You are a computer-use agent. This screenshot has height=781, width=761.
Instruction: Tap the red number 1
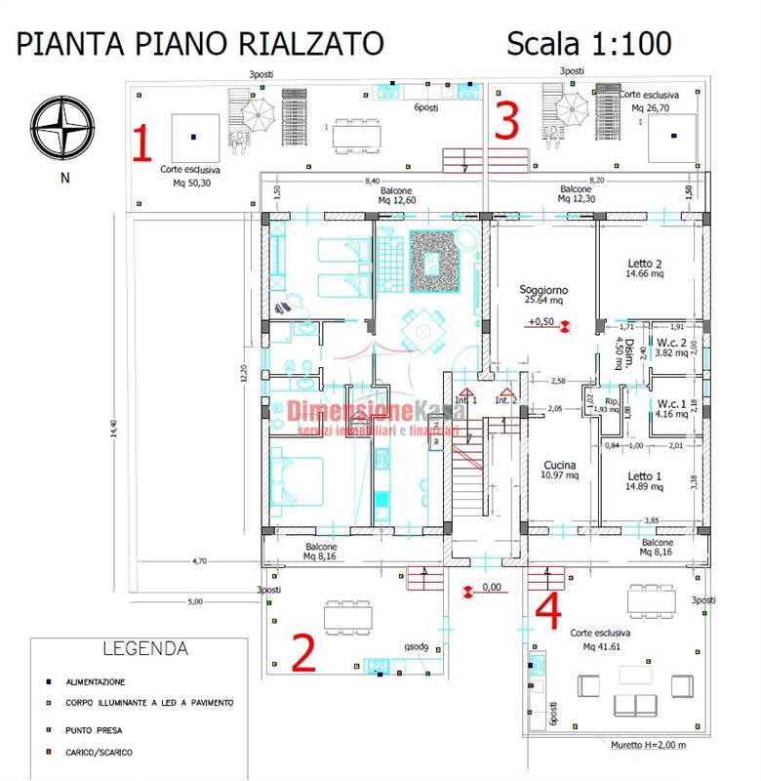142,143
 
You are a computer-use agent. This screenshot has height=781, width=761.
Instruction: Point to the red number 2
303,652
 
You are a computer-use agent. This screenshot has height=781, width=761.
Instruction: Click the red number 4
549,611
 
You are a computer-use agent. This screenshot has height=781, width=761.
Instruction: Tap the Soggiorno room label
543,290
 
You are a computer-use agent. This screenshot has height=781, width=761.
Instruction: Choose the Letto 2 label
645,264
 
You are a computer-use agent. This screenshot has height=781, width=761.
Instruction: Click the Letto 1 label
645,476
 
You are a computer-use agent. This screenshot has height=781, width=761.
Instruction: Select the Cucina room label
559,466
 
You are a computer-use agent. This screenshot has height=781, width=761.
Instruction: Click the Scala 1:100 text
588,43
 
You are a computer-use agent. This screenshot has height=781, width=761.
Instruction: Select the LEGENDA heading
145,648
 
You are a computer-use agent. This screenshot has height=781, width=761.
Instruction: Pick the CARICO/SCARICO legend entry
100,752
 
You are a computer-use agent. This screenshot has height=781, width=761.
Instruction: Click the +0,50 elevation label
541,321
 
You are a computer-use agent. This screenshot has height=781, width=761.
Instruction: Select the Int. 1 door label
466,400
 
